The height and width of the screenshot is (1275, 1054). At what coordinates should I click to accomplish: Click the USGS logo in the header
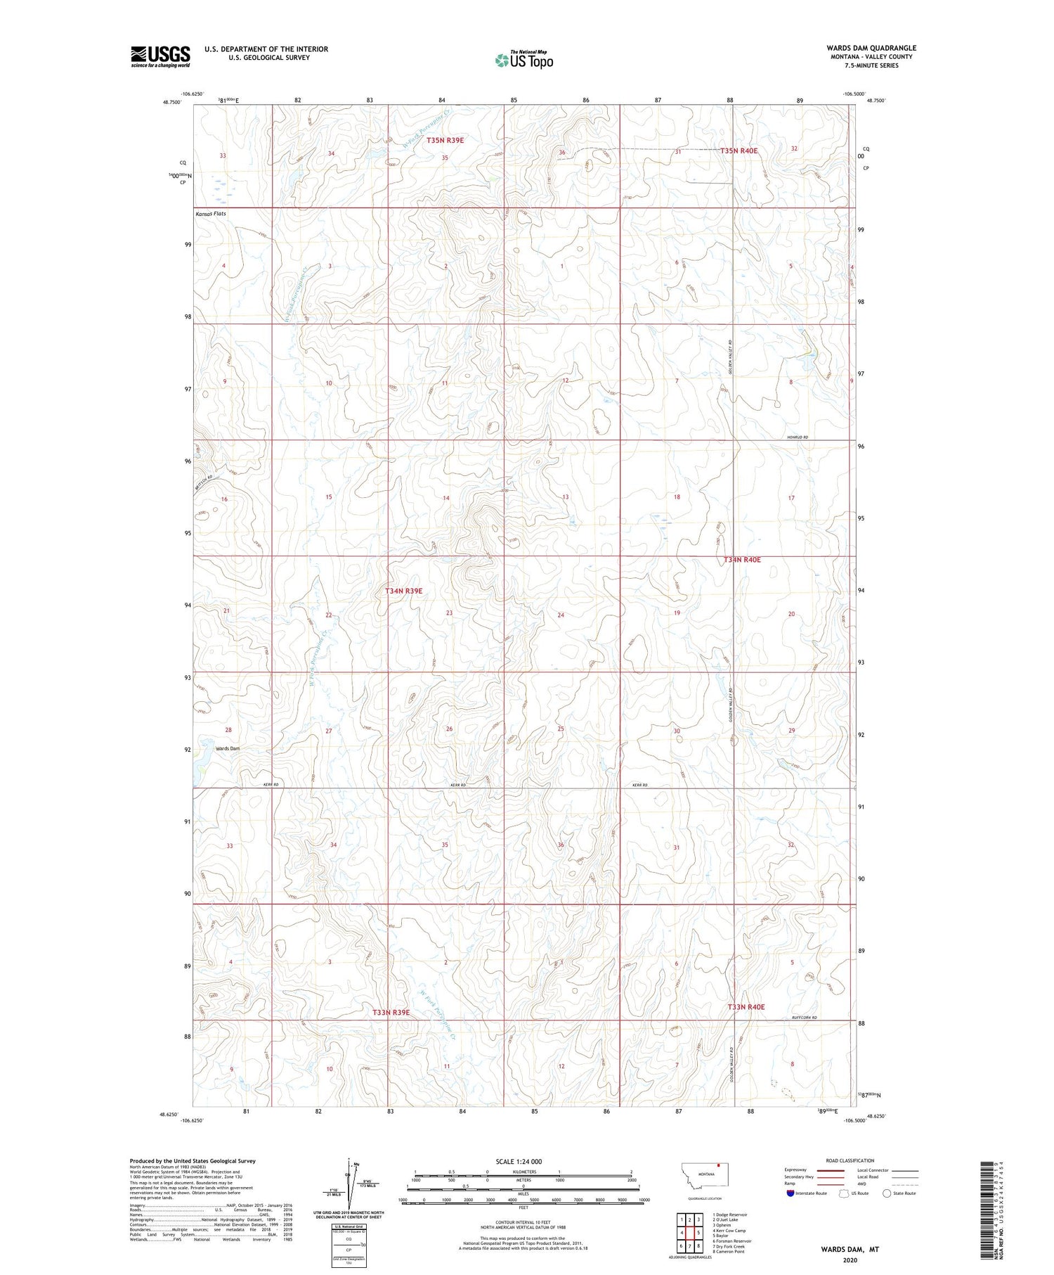pos(160,56)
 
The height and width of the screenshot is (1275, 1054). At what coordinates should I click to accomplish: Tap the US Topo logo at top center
pos(524,60)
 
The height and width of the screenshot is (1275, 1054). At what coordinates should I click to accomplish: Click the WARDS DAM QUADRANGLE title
pos(871,48)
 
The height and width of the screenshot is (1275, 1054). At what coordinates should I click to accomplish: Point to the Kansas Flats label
pos(211,214)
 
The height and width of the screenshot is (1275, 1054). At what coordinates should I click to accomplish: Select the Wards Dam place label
pos(228,748)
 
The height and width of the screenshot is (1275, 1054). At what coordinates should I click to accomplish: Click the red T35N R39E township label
pos(444,141)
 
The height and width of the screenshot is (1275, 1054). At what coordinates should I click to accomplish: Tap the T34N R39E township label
pos(403,591)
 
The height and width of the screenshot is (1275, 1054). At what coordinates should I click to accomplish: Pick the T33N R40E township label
pos(746,1007)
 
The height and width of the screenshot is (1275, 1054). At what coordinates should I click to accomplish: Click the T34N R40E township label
pos(742,560)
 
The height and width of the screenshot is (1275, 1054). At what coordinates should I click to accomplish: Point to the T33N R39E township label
pos(391,1012)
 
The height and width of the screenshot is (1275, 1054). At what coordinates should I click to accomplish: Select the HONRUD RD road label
pos(796,437)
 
